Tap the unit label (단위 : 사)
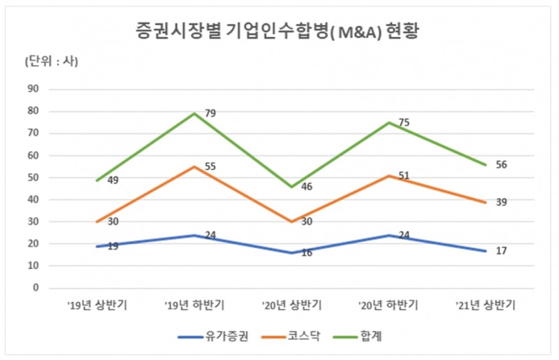pyautogui.click(x=51, y=61)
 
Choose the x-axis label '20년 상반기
pyautogui.click(x=291, y=305)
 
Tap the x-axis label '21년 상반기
pyautogui.click(x=485, y=305)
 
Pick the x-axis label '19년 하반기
pyautogui.click(x=194, y=305)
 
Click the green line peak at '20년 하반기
pyautogui.click(x=389, y=122)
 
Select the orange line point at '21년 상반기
pyautogui.click(x=485, y=202)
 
